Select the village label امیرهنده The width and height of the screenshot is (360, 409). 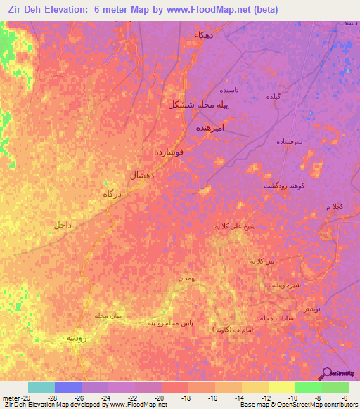click(209, 129)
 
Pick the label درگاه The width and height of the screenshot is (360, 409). click(113, 193)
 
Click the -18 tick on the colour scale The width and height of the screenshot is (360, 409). click(186, 398)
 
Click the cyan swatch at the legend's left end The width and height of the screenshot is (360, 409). click(41, 387)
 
